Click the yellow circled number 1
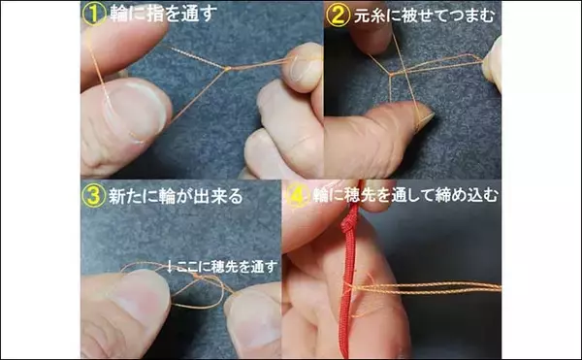pos(94,15)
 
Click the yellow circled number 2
pos(338,16)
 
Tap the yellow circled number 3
pos(94,195)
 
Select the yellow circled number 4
pos(298,195)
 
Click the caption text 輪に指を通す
pos(164,15)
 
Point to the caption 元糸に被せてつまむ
pos(425,16)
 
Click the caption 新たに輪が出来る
pos(176,196)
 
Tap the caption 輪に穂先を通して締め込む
pos(405,195)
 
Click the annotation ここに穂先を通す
pos(227,266)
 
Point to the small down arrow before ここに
pos(170,266)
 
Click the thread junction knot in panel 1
pos(228,68)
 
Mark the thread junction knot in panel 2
pos(391,75)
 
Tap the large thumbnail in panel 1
pos(134,112)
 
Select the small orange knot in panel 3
pos(196,277)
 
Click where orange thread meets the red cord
pos(348,286)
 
